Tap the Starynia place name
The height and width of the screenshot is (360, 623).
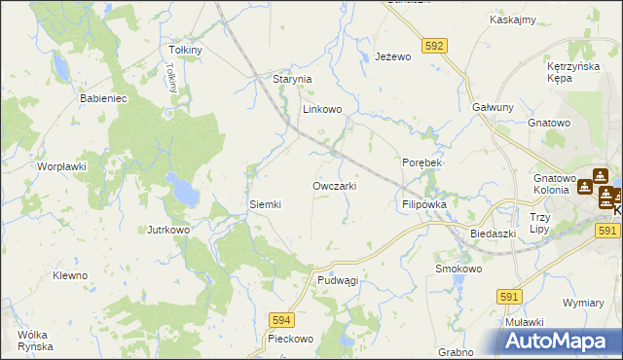coord(291,79)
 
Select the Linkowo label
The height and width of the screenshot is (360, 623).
coord(321,110)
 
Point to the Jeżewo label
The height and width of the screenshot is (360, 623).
coord(394,57)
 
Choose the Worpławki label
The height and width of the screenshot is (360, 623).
coord(62,166)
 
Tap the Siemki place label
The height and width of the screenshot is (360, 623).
coord(266,204)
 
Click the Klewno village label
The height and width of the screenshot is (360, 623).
coord(70,275)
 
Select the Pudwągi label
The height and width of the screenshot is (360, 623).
coord(338,280)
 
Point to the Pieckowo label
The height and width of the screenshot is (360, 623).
coord(291,340)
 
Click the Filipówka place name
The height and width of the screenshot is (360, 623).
coord(423,205)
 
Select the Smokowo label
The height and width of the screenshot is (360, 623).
coord(458,268)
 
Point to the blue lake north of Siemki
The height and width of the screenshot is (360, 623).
coord(180,189)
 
